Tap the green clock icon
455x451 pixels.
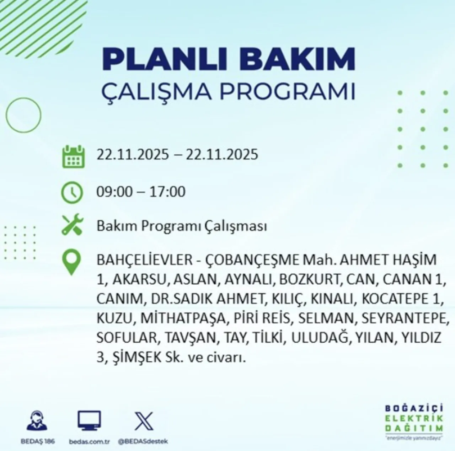72,192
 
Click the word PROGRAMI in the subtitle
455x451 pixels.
288,92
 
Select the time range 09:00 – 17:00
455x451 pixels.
141,192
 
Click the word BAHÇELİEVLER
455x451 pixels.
144,260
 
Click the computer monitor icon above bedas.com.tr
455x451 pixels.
89,421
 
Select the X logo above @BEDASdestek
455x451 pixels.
144,421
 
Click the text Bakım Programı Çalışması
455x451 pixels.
181,226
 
